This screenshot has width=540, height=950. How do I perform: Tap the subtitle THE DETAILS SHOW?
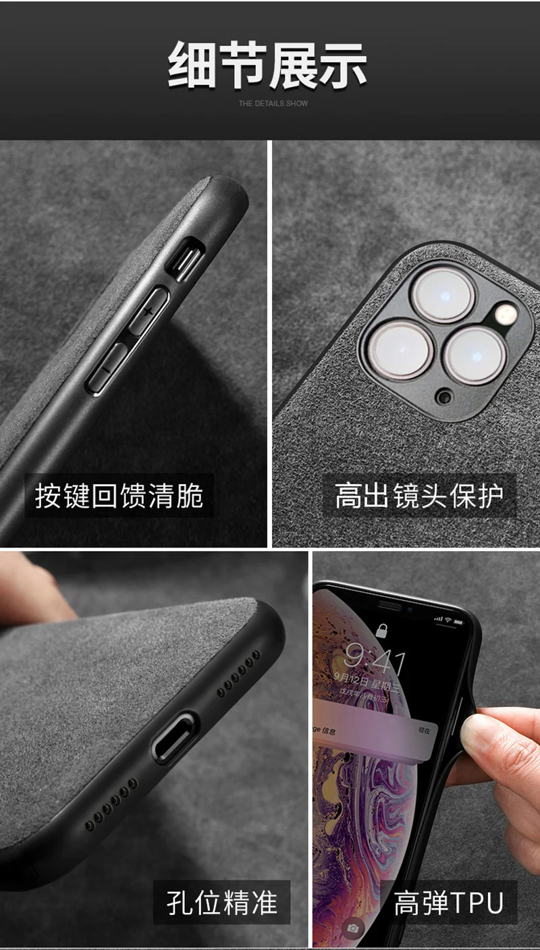[x=273, y=103]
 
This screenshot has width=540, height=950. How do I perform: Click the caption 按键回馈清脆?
[x=119, y=496]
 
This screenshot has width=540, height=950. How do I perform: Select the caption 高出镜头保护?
[x=419, y=496]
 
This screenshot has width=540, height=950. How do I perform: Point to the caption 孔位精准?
[x=221, y=903]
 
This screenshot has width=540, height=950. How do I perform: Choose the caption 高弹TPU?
[x=449, y=903]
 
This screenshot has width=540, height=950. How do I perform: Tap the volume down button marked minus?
[x=107, y=370]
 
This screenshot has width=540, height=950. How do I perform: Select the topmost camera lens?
[x=443, y=293]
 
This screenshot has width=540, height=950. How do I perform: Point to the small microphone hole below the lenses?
[x=443, y=396]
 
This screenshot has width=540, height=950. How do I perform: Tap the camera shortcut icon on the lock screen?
[x=352, y=928]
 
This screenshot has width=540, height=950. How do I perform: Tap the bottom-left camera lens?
[x=399, y=350]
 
